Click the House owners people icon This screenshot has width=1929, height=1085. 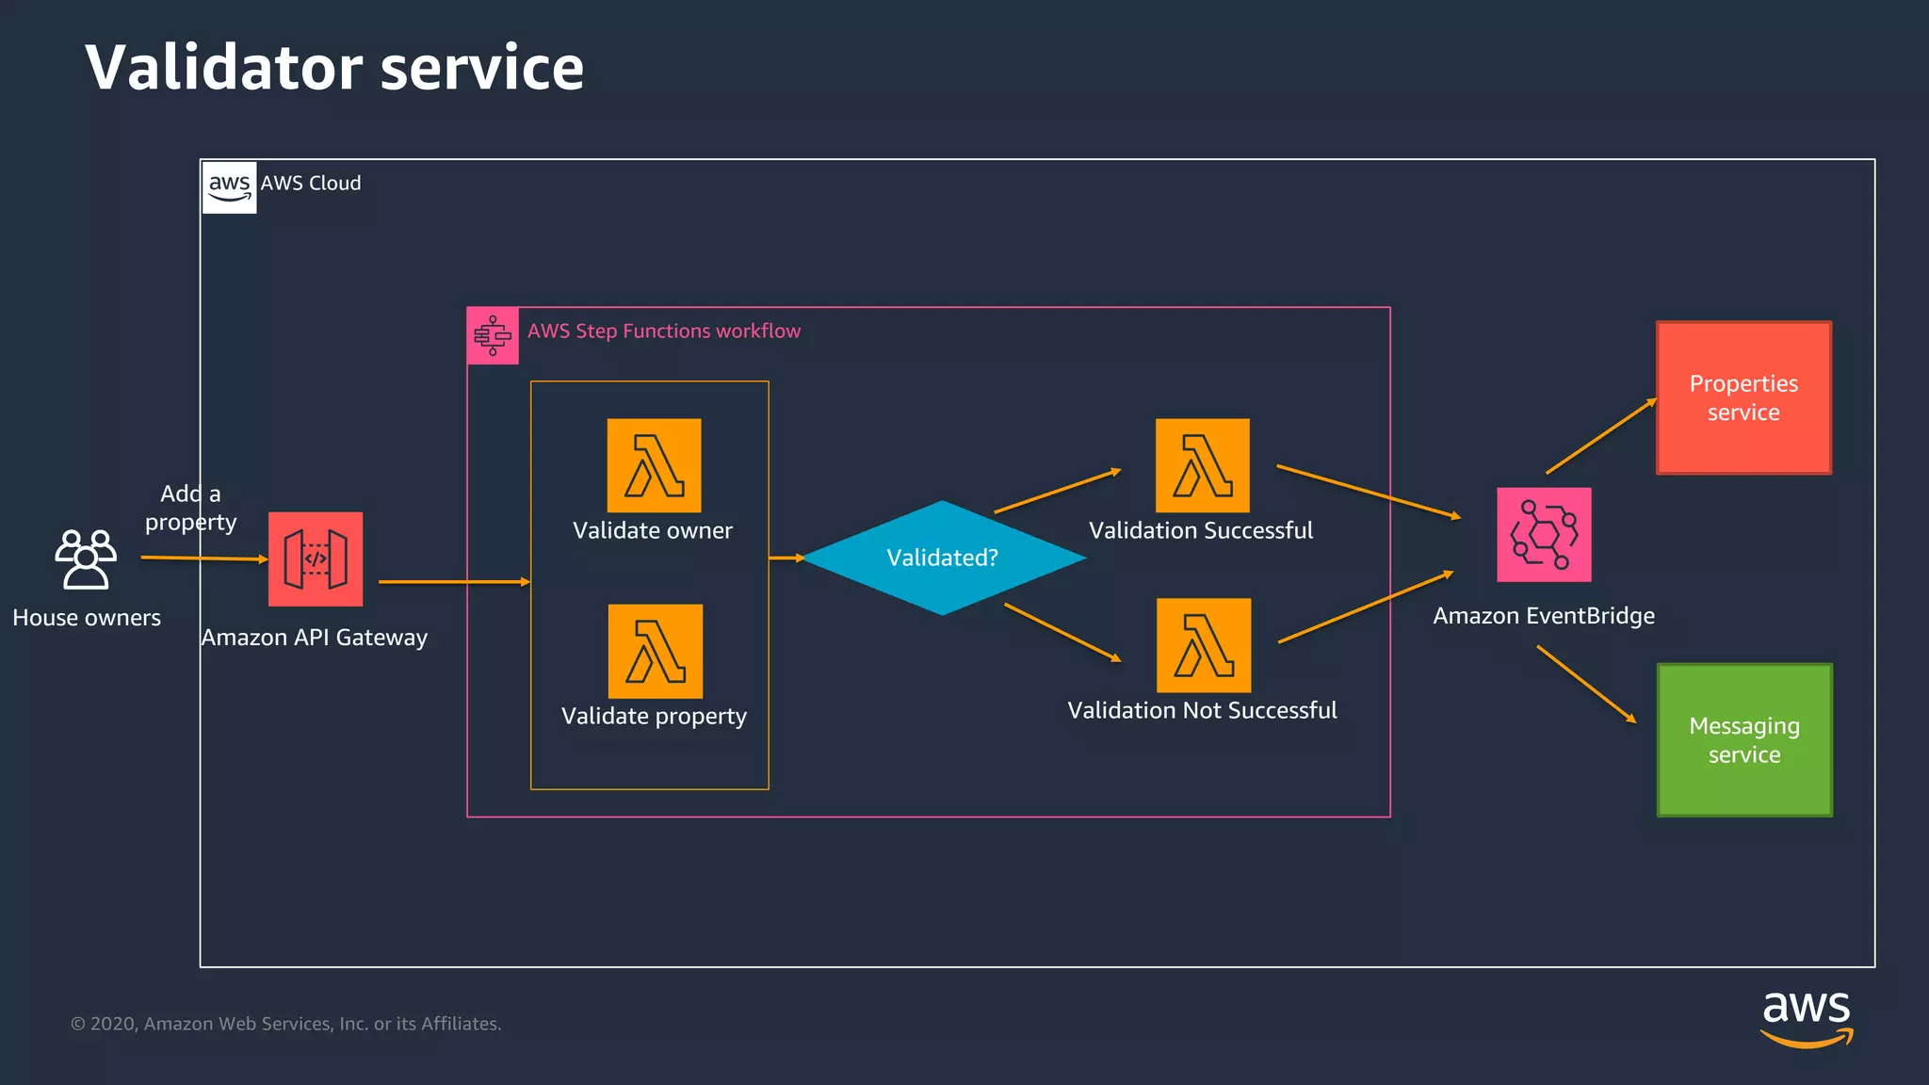(86, 559)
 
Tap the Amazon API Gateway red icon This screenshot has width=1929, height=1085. (316, 559)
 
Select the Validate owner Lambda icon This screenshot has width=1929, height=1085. (654, 465)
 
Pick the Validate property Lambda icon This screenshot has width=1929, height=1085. (656, 651)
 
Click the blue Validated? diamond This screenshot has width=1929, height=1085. (943, 558)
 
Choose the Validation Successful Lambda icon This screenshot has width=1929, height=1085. (1203, 465)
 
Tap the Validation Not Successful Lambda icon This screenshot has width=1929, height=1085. (1204, 645)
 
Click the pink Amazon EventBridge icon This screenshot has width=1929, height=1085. (1544, 534)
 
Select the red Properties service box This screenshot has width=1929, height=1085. (1743, 397)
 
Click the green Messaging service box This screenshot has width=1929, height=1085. (1744, 739)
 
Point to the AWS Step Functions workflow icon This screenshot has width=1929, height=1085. (493, 335)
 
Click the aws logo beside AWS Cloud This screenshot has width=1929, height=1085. (230, 186)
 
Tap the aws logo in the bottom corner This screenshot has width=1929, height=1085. (1806, 1017)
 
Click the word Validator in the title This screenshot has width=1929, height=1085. (224, 68)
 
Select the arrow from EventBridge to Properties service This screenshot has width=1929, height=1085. (1600, 436)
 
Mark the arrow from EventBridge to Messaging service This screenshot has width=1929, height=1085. (1586, 684)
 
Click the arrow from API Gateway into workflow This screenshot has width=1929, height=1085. (454, 582)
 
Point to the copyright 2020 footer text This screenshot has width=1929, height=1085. (285, 1024)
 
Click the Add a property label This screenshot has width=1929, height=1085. (190, 508)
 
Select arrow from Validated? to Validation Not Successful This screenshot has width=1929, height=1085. (1062, 632)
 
